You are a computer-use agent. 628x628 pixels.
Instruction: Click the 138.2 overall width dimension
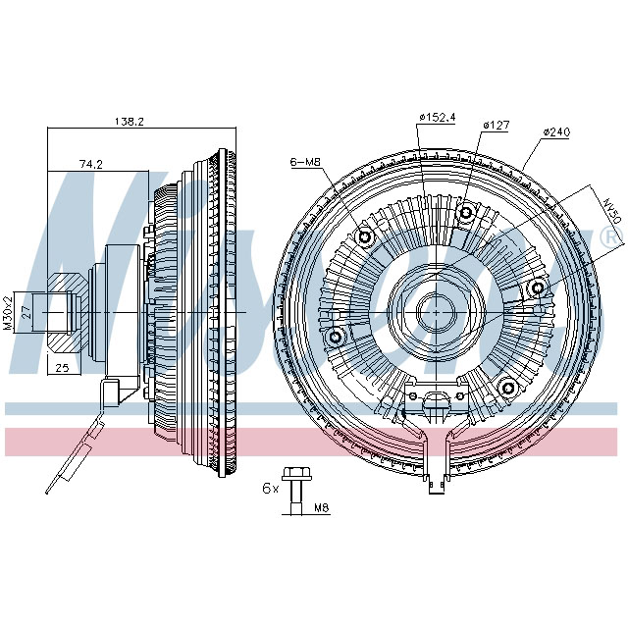point(130,122)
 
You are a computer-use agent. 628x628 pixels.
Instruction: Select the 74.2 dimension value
point(91,165)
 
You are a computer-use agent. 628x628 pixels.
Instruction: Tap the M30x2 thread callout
point(8,312)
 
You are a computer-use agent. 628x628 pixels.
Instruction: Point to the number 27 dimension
point(28,312)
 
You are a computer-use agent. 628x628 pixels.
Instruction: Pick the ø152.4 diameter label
point(437,118)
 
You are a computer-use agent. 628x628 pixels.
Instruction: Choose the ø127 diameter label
point(497,125)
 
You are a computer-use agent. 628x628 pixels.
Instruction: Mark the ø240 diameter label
point(556,131)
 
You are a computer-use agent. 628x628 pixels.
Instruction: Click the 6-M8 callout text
point(306,162)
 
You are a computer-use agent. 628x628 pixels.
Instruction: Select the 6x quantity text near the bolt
point(269,488)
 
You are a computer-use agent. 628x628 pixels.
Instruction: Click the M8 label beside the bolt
point(320,508)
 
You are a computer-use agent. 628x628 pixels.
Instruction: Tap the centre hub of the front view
point(433,312)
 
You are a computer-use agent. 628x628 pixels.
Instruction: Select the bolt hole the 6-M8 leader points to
point(366,238)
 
